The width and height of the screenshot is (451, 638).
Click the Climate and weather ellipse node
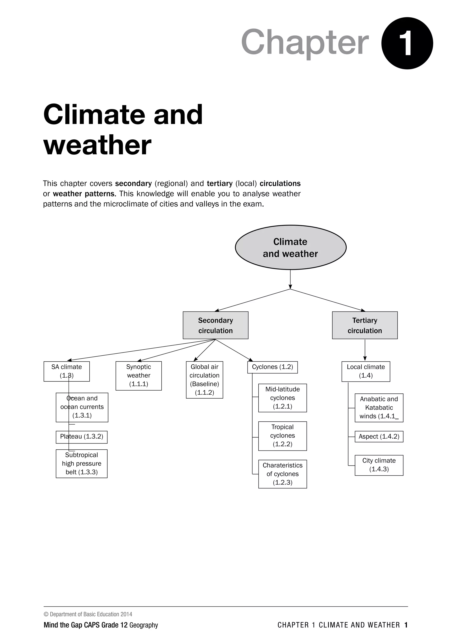click(290, 247)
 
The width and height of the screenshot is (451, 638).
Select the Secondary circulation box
click(216, 325)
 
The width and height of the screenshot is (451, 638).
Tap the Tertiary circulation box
click(365, 325)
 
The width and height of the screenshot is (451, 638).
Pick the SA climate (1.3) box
click(67, 371)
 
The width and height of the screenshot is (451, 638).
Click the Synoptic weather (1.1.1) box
click(139, 376)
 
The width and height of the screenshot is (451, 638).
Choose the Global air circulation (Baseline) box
click(204, 380)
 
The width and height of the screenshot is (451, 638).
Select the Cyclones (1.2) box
click(272, 367)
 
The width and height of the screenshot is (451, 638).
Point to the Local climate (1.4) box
click(366, 371)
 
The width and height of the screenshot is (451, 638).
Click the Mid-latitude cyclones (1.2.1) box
click(283, 398)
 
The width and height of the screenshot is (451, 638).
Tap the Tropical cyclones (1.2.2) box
click(283, 436)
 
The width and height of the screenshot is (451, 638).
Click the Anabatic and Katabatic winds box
click(379, 408)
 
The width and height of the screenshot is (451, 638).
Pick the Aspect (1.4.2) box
click(379, 437)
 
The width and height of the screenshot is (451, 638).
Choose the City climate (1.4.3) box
click(379, 465)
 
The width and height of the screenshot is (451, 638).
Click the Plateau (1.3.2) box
click(82, 437)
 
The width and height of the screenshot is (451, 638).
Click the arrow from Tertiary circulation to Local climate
click(365, 350)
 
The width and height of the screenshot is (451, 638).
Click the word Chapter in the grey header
click(305, 42)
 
